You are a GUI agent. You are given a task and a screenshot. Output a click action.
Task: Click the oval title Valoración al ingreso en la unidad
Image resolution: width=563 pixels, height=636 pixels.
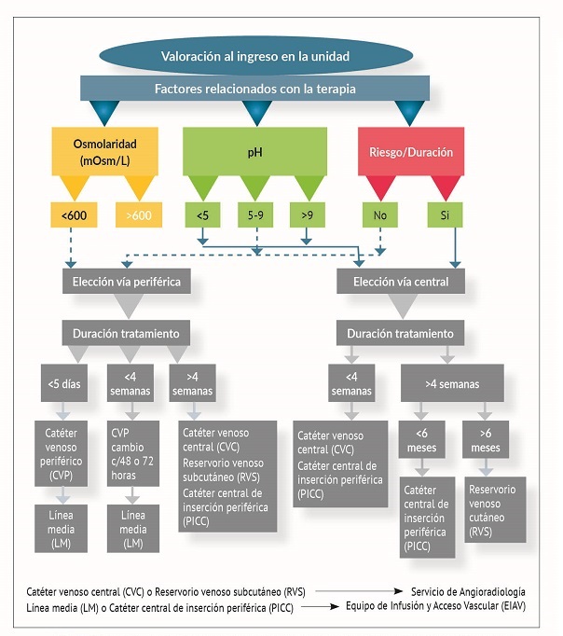pos(254,57)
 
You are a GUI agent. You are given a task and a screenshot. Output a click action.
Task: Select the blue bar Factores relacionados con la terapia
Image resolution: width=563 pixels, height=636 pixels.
pos(254,89)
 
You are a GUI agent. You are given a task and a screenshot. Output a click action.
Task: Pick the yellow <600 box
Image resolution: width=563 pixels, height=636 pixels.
pos(75,216)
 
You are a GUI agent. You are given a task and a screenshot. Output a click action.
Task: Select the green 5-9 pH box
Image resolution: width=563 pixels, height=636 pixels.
pos(255,216)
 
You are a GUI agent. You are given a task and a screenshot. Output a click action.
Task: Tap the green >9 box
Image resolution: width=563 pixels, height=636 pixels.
pos(308,216)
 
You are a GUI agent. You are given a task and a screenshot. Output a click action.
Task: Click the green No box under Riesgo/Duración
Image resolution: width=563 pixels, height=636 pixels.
pos(380,216)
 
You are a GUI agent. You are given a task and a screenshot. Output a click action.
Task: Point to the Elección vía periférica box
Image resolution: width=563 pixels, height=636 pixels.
pos(121,280)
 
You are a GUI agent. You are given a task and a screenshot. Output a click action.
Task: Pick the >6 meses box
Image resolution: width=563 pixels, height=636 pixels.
pos(486,439)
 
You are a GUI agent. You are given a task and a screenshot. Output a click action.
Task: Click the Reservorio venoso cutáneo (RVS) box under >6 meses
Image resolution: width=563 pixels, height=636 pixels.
pos(494,504)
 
